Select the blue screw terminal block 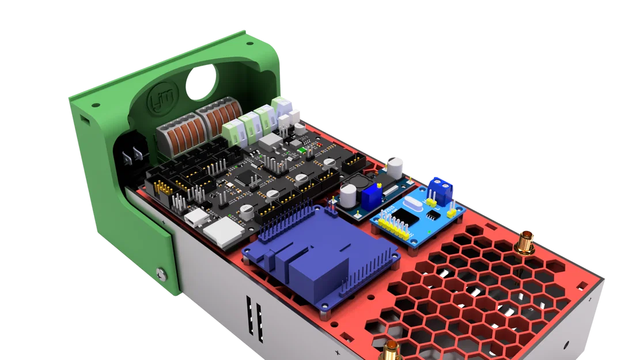(441, 189)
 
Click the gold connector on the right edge (527, 242)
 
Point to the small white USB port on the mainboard (196, 218)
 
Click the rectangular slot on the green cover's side (86, 123)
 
